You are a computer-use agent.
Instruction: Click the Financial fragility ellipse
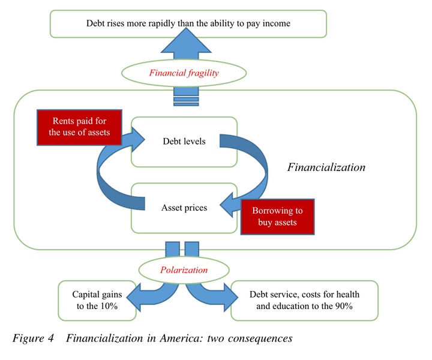point(184,73)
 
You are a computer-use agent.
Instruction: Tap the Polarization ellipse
point(184,270)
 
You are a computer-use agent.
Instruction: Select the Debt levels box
point(184,142)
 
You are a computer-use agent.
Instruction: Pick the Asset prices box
point(184,208)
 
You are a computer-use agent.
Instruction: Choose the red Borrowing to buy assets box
point(277,217)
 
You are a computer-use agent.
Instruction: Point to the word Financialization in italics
point(326,167)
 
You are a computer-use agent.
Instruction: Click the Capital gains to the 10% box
point(95,300)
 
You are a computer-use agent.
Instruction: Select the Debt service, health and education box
point(304,300)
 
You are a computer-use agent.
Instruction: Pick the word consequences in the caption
point(262,338)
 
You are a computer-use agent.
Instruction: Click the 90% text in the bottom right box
point(341,306)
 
